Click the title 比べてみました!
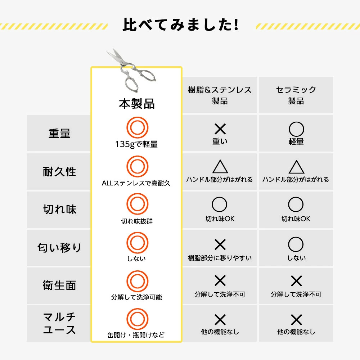coord(180,24)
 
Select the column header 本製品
coord(136,104)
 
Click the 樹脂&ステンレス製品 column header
coord(220,95)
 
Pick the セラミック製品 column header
coord(296,95)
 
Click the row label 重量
coord(59,133)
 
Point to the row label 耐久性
coord(59,171)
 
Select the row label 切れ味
coord(59,210)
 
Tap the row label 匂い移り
coord(59,248)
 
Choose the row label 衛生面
coord(59,285)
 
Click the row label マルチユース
coord(59,323)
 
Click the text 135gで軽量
coord(136,144)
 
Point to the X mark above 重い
coord(220,129)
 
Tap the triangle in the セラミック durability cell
coord(296,167)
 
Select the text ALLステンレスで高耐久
coord(136,183)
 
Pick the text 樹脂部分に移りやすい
coord(220,258)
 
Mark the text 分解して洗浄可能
coord(136,297)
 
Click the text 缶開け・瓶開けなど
coord(136,335)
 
